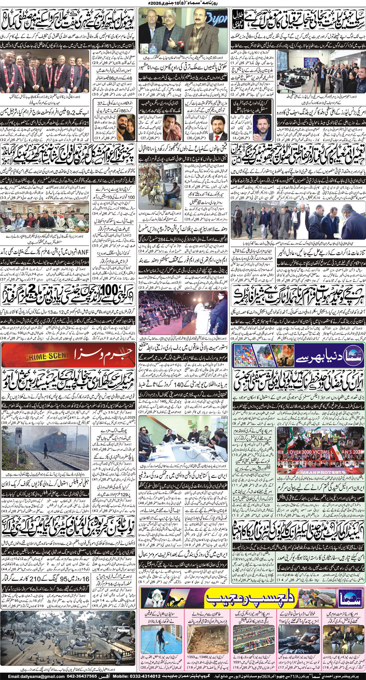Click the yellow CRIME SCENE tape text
[x=47, y=356]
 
